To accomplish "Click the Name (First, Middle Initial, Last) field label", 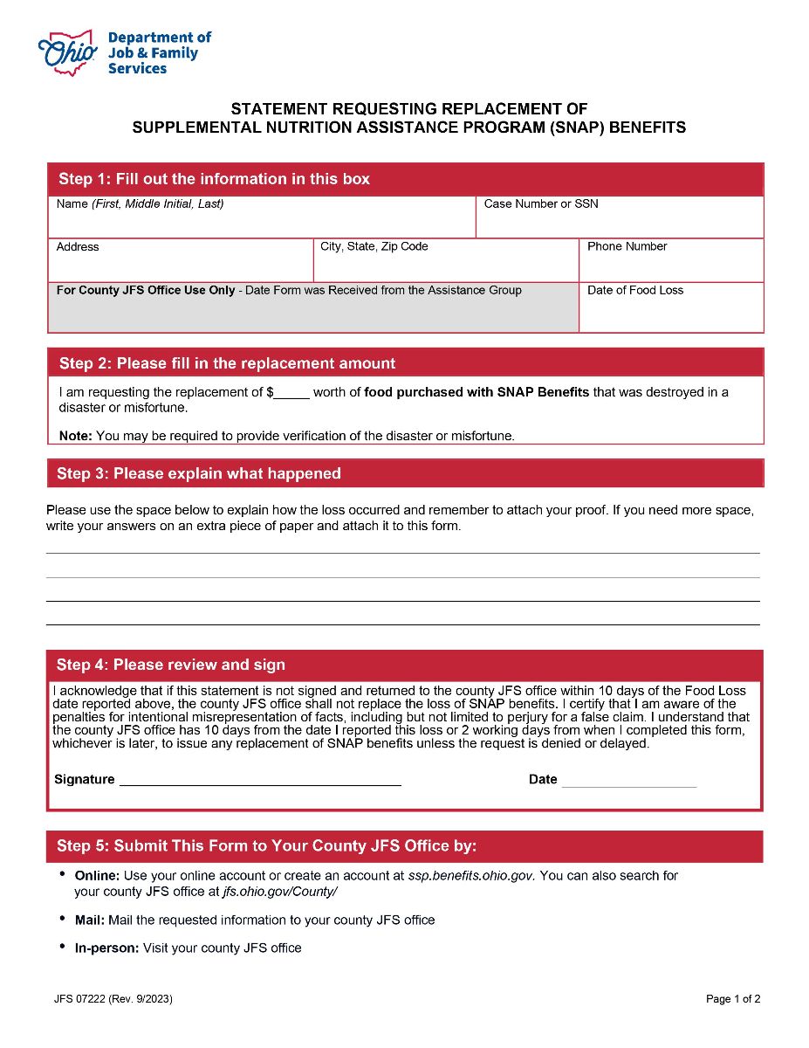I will [140, 204].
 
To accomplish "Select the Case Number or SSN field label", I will [541, 204].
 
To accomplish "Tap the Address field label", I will [78, 247].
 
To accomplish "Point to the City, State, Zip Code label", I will [374, 247].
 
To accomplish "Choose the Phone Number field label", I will [627, 247].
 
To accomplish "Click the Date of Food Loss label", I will [635, 291].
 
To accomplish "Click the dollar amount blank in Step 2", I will [292, 393].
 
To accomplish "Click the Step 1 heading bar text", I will [214, 180].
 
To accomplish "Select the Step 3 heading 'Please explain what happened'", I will [198, 474].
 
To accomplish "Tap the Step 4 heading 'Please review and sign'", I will [170, 665].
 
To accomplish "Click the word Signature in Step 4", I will [84, 780].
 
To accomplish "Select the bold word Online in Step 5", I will [97, 876].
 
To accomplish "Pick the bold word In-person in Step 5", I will [106, 948].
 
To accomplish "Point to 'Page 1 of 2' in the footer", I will [733, 1000].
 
